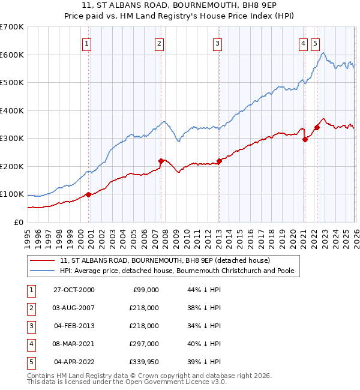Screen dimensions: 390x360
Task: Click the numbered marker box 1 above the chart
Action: pos(88,43)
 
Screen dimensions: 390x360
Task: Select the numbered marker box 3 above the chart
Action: pos(217,43)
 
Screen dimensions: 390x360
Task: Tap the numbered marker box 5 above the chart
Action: pos(316,43)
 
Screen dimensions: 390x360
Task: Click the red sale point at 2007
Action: pos(161,161)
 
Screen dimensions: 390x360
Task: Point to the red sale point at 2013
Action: pos(219,161)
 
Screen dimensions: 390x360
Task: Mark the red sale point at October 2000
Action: pos(89,194)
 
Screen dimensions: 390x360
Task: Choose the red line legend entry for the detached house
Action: pos(165,260)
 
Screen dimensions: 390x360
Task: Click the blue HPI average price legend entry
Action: pos(176,271)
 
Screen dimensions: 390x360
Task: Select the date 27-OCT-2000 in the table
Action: pos(74,290)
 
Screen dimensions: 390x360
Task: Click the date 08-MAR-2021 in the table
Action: pos(74,344)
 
